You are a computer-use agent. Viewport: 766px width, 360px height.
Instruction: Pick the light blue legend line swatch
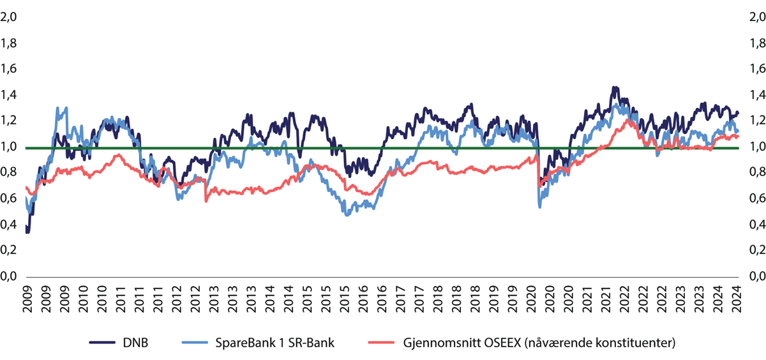coord(204,343)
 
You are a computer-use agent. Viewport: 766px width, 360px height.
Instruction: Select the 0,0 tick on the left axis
coord(10,276)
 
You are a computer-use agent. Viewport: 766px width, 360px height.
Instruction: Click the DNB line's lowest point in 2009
coord(27,232)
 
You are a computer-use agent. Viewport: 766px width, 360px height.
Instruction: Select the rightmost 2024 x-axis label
coord(738,299)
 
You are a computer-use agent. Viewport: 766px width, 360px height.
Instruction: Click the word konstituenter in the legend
coord(633,343)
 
